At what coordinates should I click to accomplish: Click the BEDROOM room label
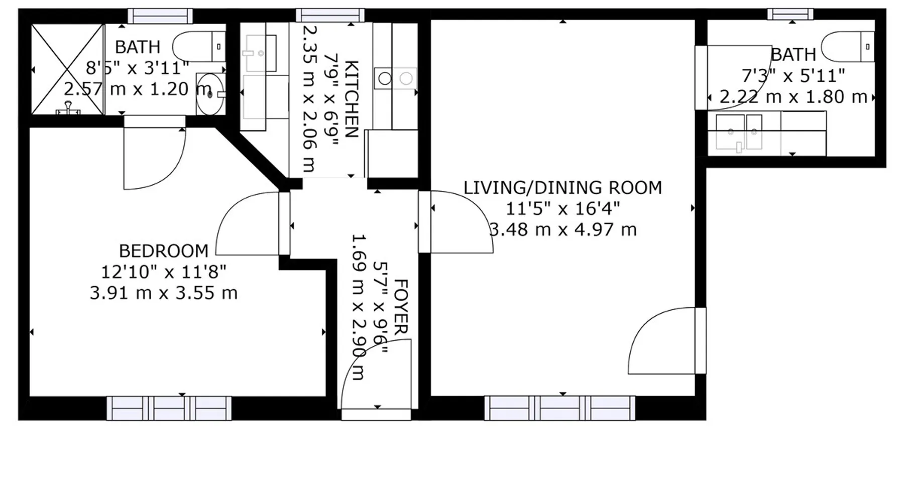tap(163, 250)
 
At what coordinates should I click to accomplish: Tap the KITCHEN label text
tap(352, 99)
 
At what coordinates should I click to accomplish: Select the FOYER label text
tap(401, 307)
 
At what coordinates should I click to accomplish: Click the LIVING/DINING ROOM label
tap(562, 188)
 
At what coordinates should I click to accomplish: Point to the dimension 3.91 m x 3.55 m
tap(163, 293)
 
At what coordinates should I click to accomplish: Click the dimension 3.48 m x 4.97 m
tap(562, 229)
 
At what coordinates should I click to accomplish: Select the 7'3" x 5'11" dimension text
tap(794, 76)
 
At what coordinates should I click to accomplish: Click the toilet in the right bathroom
tap(848, 47)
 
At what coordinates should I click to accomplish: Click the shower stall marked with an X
tap(67, 69)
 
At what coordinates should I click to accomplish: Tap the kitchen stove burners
tap(395, 78)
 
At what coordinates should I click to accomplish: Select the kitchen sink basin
tap(260, 53)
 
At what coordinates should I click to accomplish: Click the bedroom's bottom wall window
tap(169, 408)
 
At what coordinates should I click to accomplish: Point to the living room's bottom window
tap(560, 408)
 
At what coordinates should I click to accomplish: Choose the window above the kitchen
tap(330, 15)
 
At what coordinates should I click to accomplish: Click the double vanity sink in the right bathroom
tap(739, 132)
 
